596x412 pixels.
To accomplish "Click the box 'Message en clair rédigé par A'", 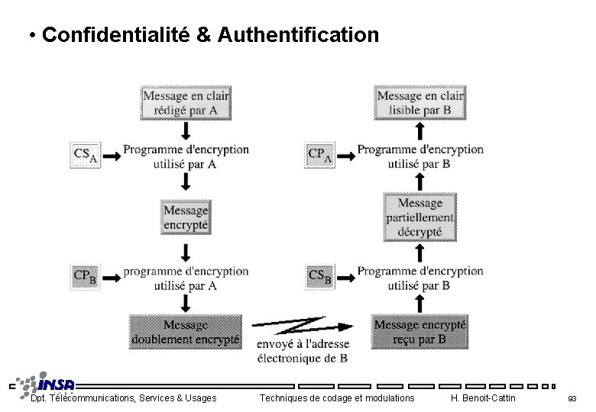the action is click(186, 103).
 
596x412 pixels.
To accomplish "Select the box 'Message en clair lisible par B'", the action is click(419, 103).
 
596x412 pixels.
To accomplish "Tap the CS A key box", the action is click(85, 155).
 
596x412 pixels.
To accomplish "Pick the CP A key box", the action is click(320, 155).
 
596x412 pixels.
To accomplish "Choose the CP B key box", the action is click(85, 276).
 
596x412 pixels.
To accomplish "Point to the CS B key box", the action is click(320, 276).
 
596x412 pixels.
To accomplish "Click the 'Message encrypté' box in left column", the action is click(186, 217).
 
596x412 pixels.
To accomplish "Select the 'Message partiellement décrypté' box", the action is click(419, 217).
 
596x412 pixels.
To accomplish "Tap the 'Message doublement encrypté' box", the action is click(186, 332).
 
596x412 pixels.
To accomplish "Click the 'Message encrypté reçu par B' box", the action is click(419, 332).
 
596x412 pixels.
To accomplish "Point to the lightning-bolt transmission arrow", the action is click(302, 326).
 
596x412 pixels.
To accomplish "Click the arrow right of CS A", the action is click(112, 156).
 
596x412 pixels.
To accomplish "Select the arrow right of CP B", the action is click(112, 278).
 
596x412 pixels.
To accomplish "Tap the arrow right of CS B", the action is click(346, 278).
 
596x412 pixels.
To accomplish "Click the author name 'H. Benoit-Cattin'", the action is click(484, 398).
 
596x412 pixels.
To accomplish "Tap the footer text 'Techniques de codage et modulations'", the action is click(337, 398).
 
